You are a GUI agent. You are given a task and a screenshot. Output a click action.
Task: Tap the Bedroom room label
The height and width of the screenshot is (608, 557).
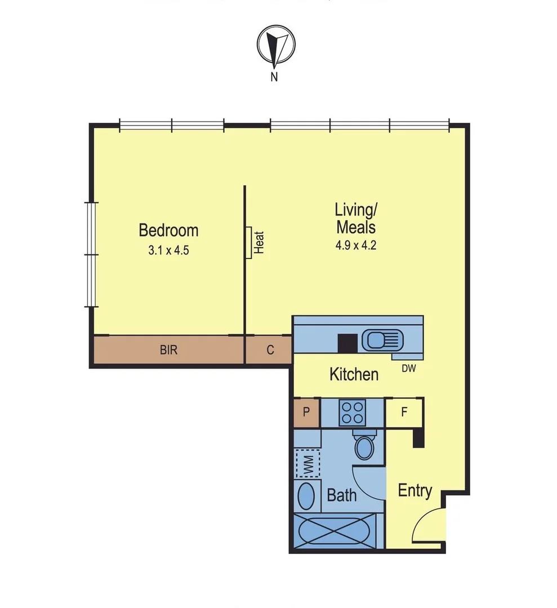[x=168, y=230]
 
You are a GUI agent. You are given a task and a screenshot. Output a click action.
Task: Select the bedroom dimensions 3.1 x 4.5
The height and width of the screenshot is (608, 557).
[x=168, y=251]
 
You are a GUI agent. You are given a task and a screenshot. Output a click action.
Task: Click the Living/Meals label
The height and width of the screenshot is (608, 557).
[x=355, y=218]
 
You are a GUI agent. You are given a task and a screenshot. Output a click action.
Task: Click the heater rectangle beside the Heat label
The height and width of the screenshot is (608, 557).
[x=248, y=243]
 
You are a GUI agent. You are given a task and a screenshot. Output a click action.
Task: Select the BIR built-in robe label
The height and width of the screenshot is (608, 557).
[x=168, y=350]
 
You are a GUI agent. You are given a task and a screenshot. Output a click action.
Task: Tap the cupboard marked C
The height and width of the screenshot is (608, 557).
[x=270, y=350]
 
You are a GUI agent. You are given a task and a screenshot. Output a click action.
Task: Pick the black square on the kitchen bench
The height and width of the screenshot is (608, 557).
[x=346, y=343]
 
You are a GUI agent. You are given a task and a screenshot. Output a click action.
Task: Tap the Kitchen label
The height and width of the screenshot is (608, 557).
[x=354, y=374]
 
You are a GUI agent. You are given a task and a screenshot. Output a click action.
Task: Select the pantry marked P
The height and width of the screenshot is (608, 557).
[x=306, y=412]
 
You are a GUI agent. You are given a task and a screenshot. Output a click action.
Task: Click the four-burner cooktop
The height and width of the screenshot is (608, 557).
[x=353, y=412]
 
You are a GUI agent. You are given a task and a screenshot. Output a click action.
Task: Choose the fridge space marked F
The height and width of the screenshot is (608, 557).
[x=404, y=412]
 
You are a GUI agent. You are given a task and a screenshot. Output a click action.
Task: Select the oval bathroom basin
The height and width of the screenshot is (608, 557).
[x=306, y=496]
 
